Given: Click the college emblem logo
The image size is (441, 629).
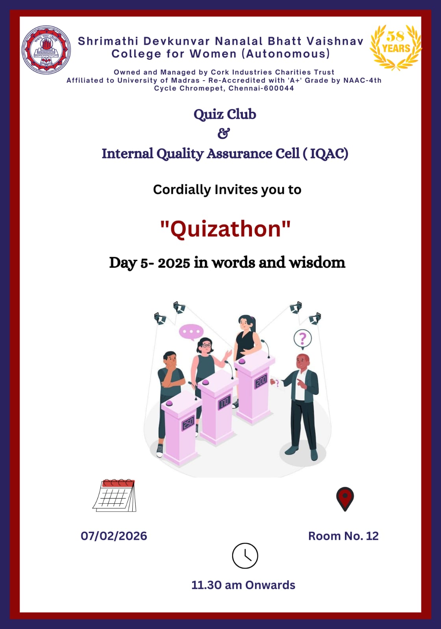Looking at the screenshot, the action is click(x=46, y=50).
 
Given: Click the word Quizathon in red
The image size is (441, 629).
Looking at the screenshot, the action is click(x=226, y=229).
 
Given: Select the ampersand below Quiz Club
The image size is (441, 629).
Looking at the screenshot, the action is click(x=224, y=133).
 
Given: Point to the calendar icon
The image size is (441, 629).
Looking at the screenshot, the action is click(x=115, y=495).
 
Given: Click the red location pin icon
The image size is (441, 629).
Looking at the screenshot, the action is click(x=345, y=499).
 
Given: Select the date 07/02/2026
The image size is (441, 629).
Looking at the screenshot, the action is click(x=114, y=536).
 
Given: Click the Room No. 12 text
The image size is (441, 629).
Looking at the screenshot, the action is click(x=343, y=536).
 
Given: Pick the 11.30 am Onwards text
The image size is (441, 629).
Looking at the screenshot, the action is click(x=243, y=585).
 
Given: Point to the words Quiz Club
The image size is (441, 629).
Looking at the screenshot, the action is click(x=225, y=114).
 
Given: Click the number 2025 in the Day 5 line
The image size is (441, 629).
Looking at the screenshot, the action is click(x=174, y=263).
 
